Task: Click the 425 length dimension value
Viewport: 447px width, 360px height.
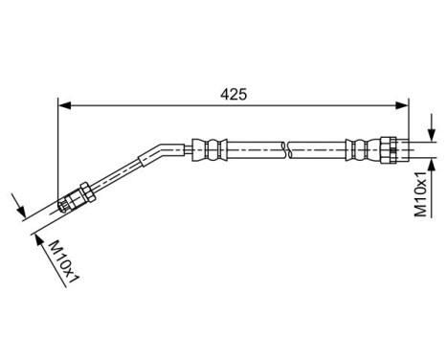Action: point(235,94)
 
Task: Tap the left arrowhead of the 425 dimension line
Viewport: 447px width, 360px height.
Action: point(64,107)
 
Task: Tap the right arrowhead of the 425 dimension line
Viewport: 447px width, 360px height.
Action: point(404,107)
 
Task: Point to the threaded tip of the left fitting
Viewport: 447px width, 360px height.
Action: point(65,203)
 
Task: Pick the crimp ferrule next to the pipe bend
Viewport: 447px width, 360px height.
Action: point(210,148)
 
